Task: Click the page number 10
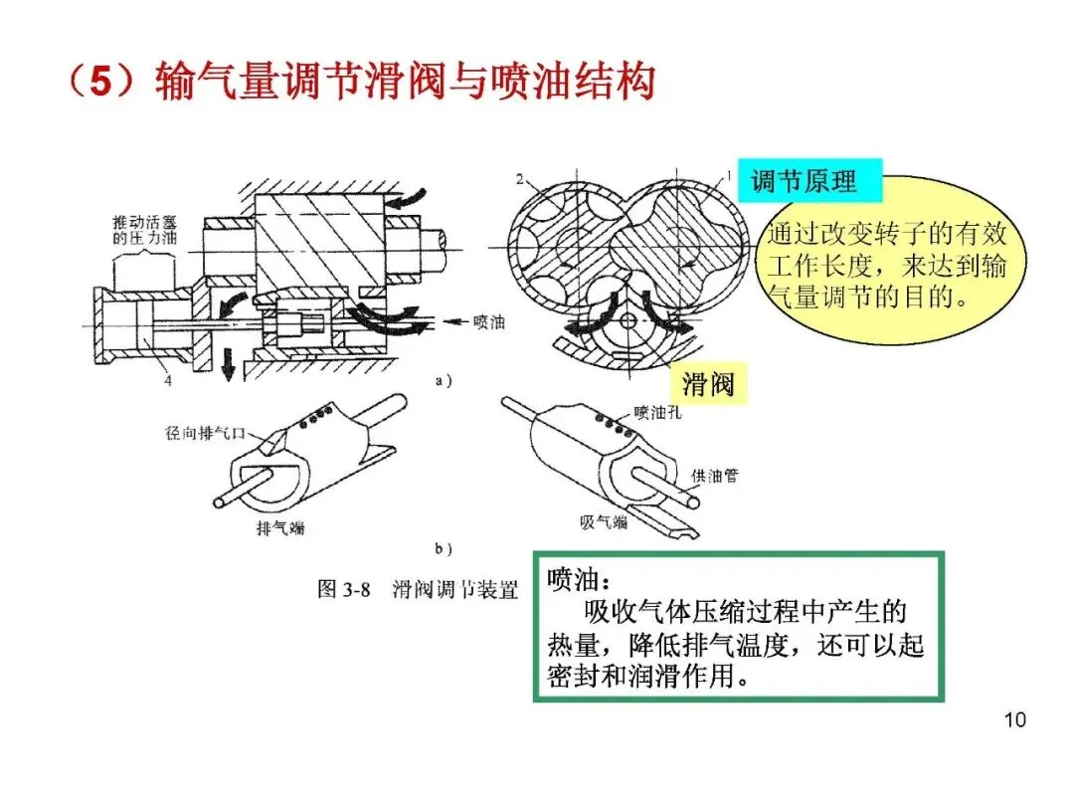click(x=1014, y=719)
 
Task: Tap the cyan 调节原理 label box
click(x=809, y=181)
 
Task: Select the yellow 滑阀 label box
click(x=708, y=383)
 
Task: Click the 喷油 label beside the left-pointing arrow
click(x=489, y=321)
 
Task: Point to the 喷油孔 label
click(x=657, y=413)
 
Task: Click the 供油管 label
click(x=714, y=476)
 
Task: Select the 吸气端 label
click(x=604, y=522)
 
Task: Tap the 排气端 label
click(x=280, y=527)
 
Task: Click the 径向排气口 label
click(x=205, y=433)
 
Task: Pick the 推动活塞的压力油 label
click(x=144, y=230)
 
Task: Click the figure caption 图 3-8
click(x=343, y=589)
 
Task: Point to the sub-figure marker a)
click(x=444, y=380)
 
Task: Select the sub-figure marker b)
click(x=444, y=548)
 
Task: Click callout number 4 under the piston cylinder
click(x=168, y=380)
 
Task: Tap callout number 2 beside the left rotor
click(x=520, y=179)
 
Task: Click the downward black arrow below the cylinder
click(x=228, y=364)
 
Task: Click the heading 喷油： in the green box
click(x=579, y=580)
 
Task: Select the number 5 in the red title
click(x=100, y=81)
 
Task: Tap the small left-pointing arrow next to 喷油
click(x=455, y=321)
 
